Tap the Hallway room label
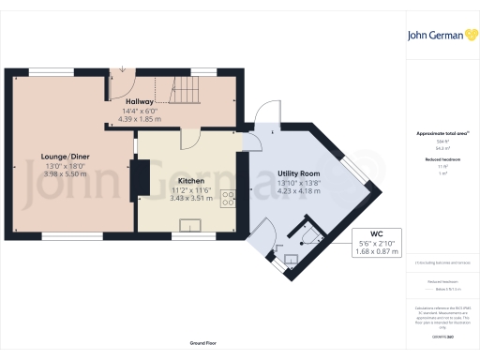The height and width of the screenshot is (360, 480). (139, 100)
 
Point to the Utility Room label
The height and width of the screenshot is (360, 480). (298, 174)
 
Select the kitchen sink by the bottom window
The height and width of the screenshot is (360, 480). (191, 225)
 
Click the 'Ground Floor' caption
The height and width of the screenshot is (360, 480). (202, 344)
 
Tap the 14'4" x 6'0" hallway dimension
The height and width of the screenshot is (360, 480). (140, 112)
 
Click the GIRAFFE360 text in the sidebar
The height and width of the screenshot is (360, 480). (440, 334)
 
